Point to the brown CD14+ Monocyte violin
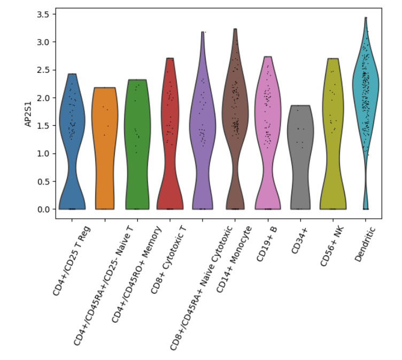click(x=235, y=107)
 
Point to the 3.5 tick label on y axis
click(x=43, y=14)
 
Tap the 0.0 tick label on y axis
click(x=43, y=209)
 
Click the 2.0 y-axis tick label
click(x=43, y=98)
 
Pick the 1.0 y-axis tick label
click(x=43, y=154)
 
